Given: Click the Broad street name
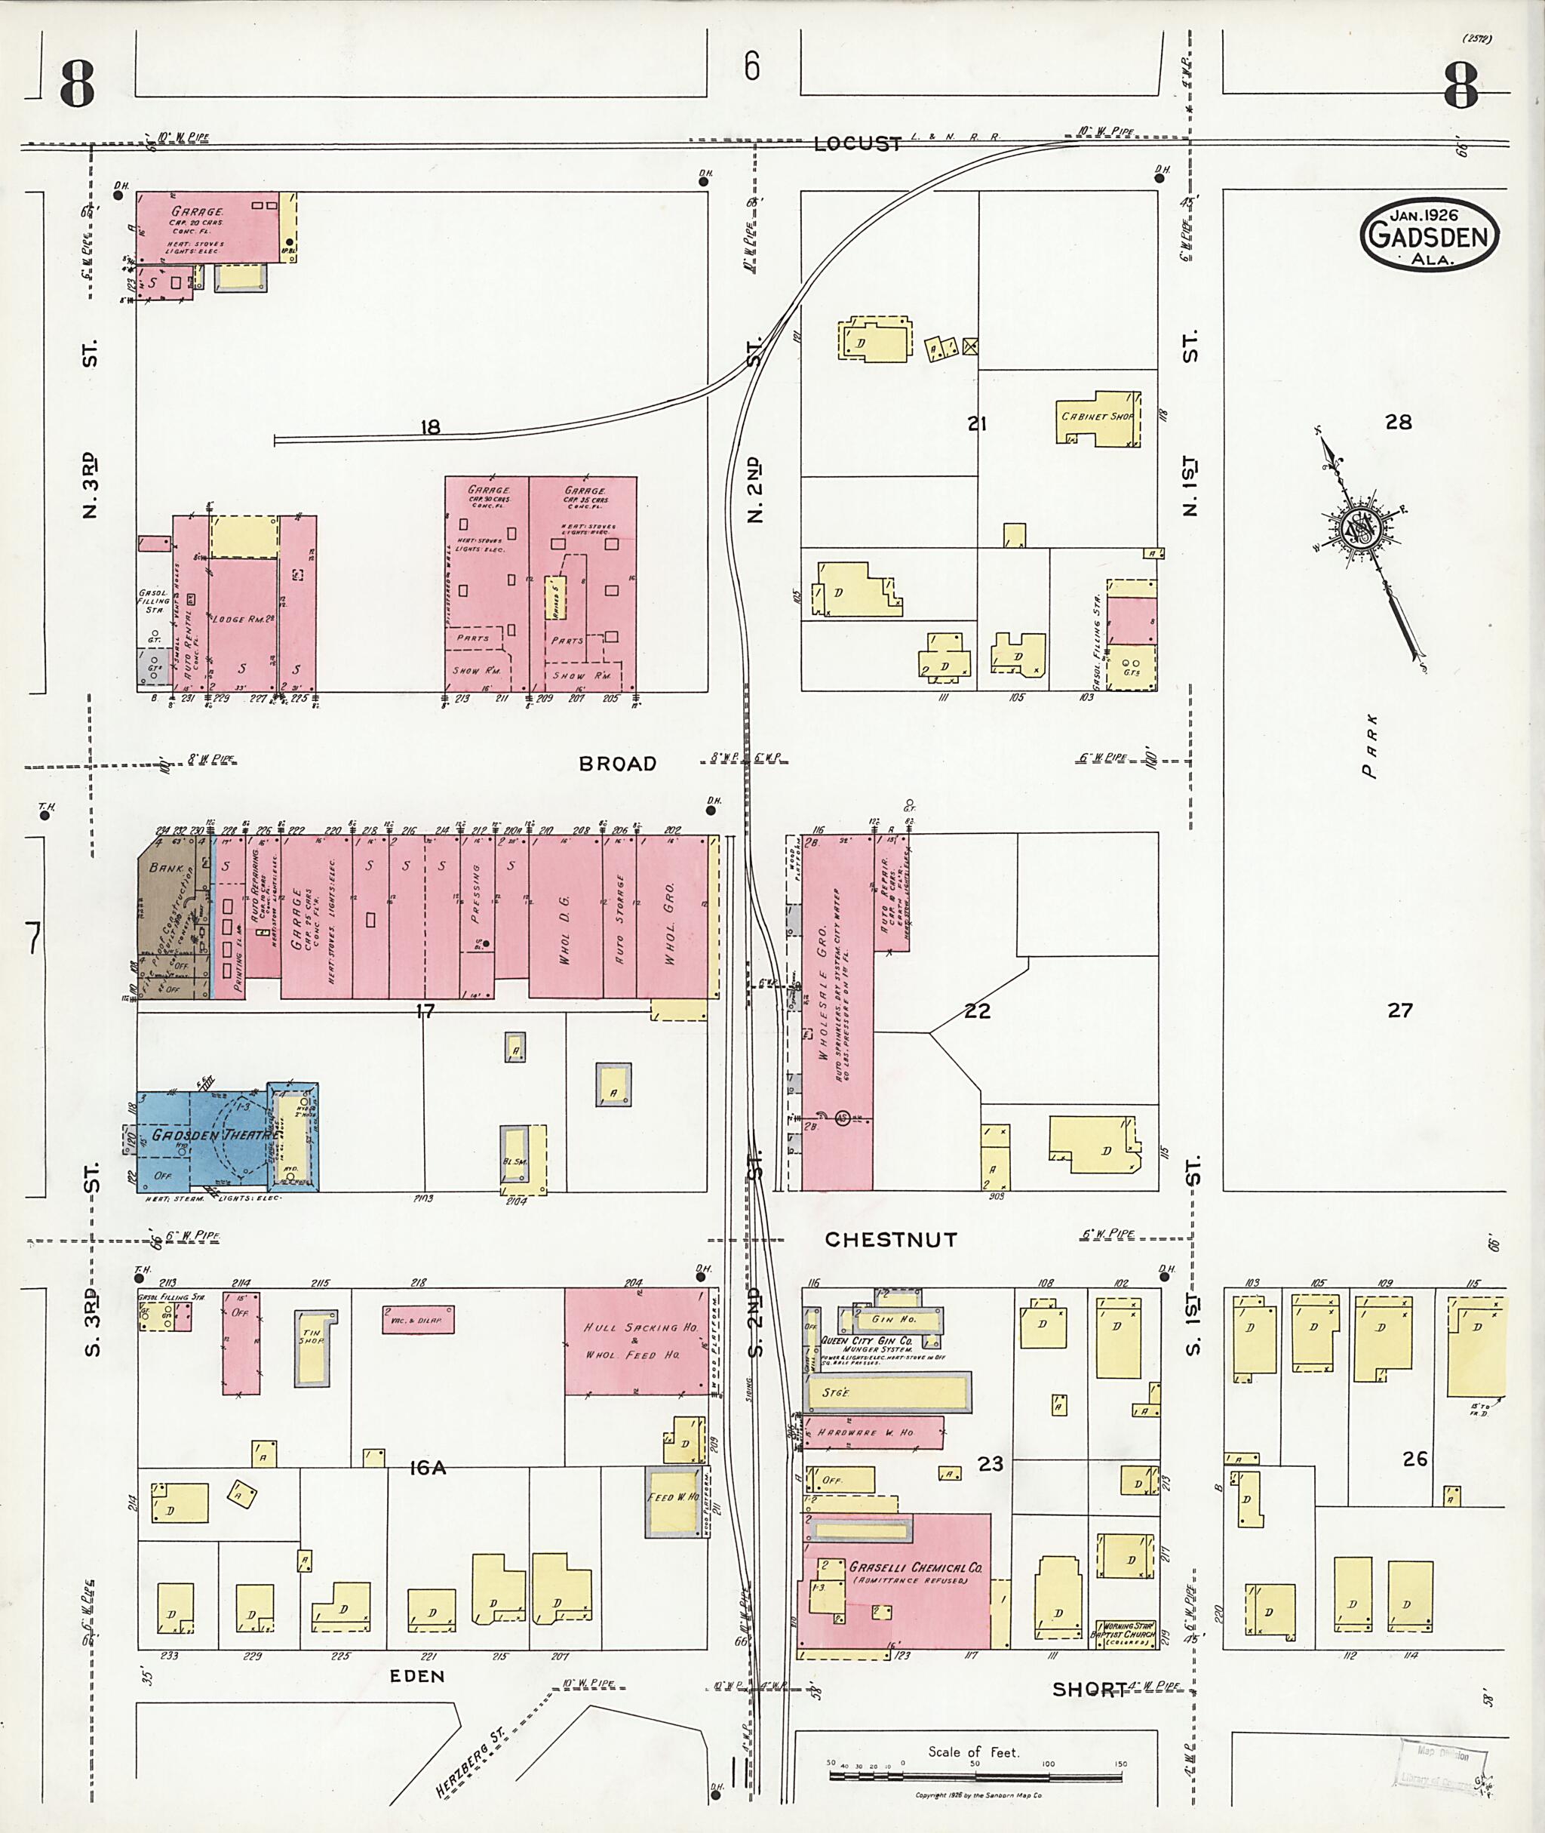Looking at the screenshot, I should coord(618,764).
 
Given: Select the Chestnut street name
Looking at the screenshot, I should coord(891,1240).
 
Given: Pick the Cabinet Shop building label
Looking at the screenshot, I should coord(1097,417).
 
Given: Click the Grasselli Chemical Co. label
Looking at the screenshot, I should coord(915,1567).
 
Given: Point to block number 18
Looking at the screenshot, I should coord(429,428).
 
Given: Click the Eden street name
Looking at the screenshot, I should coord(418,1675).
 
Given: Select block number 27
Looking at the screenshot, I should coord(1399,1010).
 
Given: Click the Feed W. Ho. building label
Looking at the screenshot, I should coord(673,1497).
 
